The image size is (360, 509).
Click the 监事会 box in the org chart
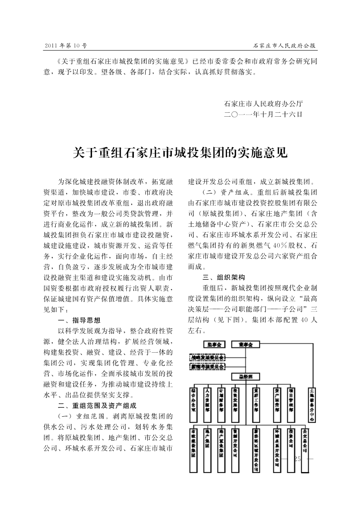214,344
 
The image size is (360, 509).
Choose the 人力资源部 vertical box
207,403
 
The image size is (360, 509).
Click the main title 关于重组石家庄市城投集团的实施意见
180,153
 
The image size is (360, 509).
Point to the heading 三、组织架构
224,277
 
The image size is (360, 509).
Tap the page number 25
298,459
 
